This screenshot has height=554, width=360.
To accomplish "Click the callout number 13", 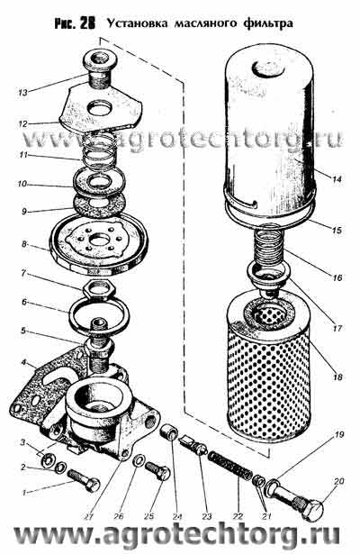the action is (22, 93).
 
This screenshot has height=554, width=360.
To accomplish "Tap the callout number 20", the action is (338, 481).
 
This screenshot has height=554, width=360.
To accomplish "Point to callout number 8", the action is (24, 244).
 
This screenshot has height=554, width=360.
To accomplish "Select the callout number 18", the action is (337, 377).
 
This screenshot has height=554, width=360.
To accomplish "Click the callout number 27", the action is (88, 516).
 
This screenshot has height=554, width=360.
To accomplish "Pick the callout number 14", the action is (337, 179).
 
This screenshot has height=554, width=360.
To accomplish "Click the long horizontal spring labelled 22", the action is (229, 466).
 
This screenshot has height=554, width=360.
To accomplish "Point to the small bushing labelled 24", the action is (168, 432).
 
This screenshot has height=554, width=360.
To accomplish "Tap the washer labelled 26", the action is (139, 459).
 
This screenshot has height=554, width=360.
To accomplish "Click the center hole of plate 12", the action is (100, 108).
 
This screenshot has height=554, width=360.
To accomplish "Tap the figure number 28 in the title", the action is (87, 23).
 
